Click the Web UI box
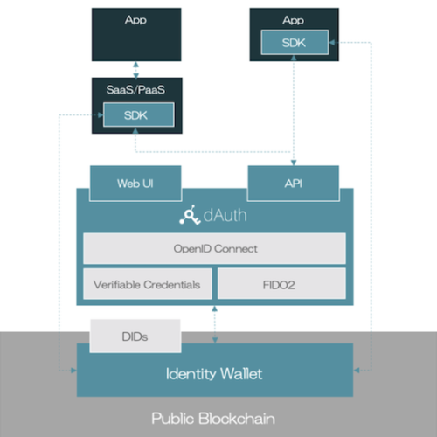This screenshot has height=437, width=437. pyautogui.click(x=135, y=184)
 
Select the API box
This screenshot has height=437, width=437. pyautogui.click(x=294, y=184)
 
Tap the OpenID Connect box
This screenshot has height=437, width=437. pyautogui.click(x=214, y=248)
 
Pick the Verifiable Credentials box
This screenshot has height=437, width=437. pyautogui.click(x=148, y=284)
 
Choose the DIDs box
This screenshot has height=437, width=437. pyautogui.click(x=135, y=336)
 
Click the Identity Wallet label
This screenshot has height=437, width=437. pyautogui.click(x=214, y=374)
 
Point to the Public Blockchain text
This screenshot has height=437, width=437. pyautogui.click(x=213, y=419)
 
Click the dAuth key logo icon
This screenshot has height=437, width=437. pyautogui.click(x=190, y=215)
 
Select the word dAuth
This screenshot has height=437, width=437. pyautogui.click(x=225, y=215)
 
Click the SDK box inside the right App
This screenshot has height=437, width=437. pyautogui.click(x=295, y=42)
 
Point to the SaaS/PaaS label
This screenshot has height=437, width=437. pyautogui.click(x=135, y=90)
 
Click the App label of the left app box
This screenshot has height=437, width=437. pyautogui.click(x=135, y=20)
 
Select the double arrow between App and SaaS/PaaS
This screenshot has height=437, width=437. pyautogui.click(x=135, y=70)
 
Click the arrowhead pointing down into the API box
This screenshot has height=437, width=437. pyautogui.click(x=294, y=163)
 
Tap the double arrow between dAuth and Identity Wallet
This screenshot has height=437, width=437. pyautogui.click(x=215, y=324)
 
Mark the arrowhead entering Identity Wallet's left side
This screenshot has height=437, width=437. pyautogui.click(x=73, y=371)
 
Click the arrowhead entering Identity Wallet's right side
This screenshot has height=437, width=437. pyautogui.click(x=357, y=371)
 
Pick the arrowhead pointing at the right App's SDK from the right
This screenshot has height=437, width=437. pyautogui.click(x=332, y=43)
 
